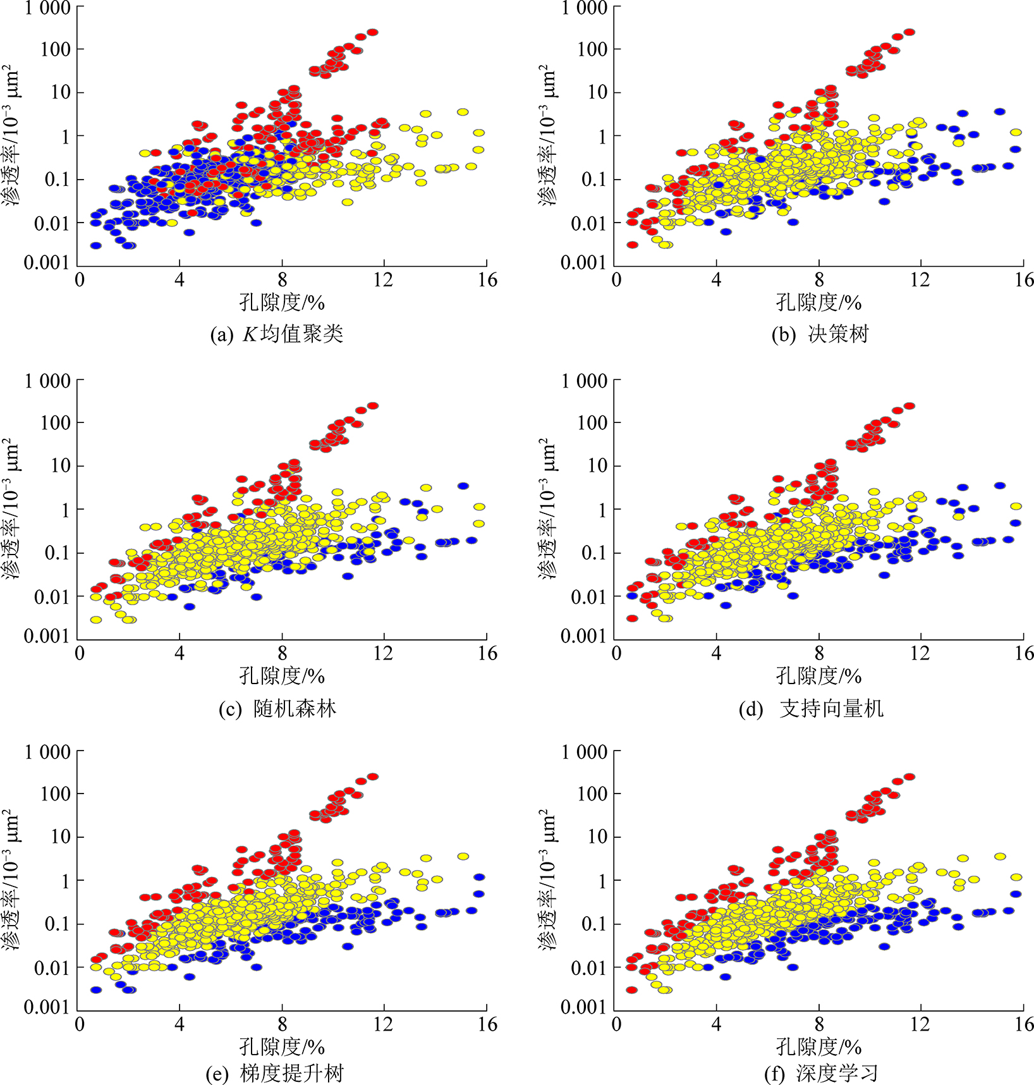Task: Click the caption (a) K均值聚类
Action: click(277, 334)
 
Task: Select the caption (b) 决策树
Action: click(820, 334)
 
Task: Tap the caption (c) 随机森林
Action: click(277, 709)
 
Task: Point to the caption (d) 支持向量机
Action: click(812, 709)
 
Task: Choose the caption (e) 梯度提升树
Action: click(275, 1074)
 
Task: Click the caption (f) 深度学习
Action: click(821, 1074)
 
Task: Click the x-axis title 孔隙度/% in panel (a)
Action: click(282, 303)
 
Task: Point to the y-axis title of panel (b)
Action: click(548, 135)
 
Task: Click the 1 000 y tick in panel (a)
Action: click(47, 8)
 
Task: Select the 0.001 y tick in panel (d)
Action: click(583, 636)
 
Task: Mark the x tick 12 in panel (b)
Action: click(920, 280)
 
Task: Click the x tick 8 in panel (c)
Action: click(282, 653)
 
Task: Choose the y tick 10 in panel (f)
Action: click(597, 837)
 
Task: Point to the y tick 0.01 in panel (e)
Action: click(51, 967)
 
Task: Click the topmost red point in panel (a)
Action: click(373, 32)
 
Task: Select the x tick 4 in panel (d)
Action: click(716, 653)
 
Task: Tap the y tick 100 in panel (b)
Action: click(592, 49)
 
